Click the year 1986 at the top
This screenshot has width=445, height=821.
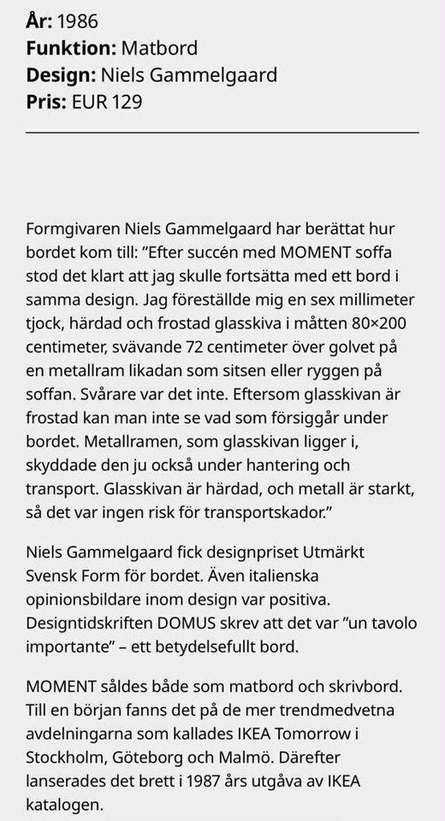(78, 21)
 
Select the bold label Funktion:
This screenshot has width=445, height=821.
(69, 48)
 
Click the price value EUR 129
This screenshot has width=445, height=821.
(107, 102)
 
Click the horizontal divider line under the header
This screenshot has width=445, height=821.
(222, 133)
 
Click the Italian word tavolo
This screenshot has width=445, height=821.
(393, 622)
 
